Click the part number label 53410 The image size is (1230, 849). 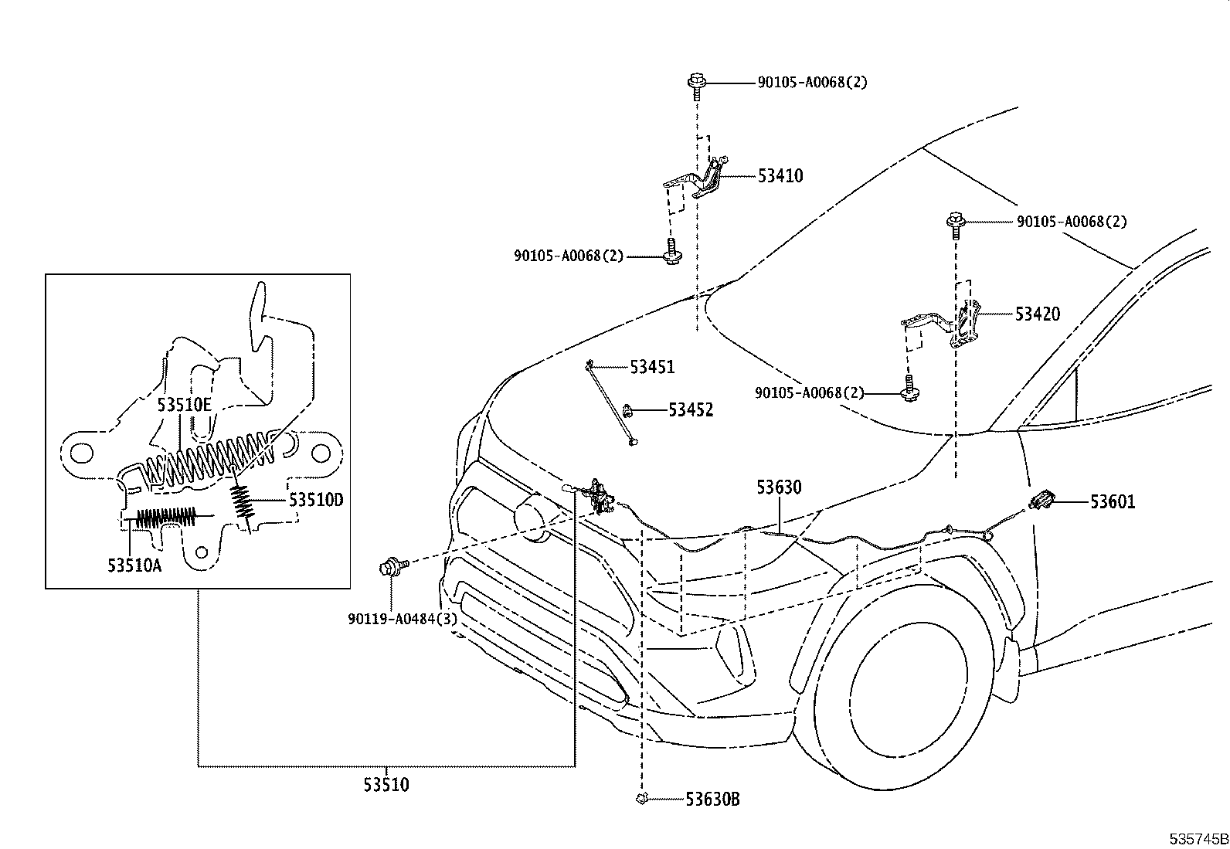(780, 176)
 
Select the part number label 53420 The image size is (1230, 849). (1037, 314)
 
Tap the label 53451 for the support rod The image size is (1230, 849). (651, 367)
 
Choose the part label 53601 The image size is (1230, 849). (1113, 502)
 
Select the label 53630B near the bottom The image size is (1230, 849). (712, 800)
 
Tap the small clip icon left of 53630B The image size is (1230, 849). (640, 799)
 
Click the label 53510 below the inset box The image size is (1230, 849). (386, 786)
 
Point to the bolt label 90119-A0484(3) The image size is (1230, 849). (402, 619)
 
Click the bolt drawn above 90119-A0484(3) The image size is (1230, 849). (389, 568)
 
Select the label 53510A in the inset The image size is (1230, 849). (134, 565)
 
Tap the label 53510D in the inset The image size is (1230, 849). (315, 500)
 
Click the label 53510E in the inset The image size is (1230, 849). (184, 405)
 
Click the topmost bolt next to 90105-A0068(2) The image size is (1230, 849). (695, 83)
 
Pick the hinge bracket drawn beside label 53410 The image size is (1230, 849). (699, 179)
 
